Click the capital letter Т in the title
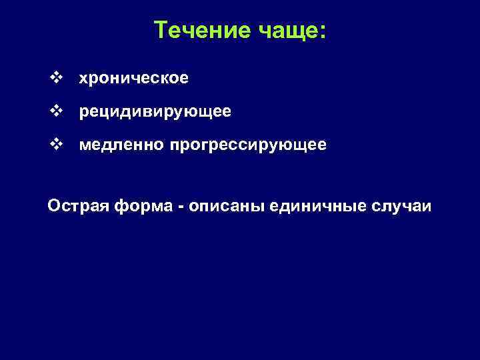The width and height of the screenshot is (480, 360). (x=161, y=30)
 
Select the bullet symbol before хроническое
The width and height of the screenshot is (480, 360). (x=55, y=79)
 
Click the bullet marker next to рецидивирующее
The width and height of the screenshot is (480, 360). (x=55, y=112)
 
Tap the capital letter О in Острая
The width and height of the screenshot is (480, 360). (x=53, y=206)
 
